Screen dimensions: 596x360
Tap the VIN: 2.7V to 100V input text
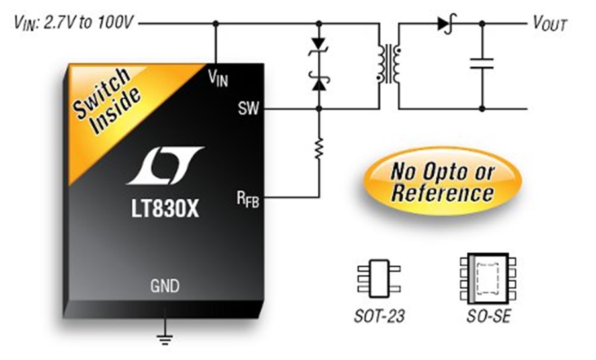click(74, 22)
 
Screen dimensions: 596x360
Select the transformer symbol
click(389, 64)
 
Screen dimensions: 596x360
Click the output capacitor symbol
click(481, 64)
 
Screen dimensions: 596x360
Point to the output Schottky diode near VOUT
click(446, 24)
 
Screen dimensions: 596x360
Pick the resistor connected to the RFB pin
click(319, 148)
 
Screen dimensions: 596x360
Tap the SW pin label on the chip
click(248, 109)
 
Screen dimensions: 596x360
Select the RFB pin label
click(248, 199)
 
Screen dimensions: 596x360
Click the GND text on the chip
click(165, 286)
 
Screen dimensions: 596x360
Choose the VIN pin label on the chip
click(218, 78)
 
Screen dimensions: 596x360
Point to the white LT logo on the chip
click(166, 165)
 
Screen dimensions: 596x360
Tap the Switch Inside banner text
click(107, 101)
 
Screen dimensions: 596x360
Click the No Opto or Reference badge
click(442, 181)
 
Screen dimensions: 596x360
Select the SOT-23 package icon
click(379, 279)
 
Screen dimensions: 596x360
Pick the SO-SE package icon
click(488, 279)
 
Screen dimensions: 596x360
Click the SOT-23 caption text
click(379, 316)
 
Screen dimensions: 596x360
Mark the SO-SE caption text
click(489, 316)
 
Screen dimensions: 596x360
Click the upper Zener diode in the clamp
click(319, 46)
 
